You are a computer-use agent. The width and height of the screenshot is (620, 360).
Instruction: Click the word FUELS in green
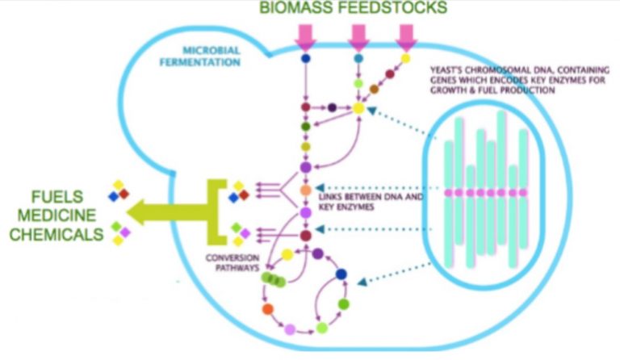pyautogui.click(x=65, y=195)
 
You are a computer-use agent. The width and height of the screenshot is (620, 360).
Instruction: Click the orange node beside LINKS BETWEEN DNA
pyautogui.click(x=305, y=191)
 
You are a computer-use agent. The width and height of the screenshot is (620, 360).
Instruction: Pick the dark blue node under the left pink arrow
pyautogui.click(x=306, y=59)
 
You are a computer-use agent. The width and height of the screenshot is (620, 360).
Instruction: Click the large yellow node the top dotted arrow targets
pyautogui.click(x=358, y=107)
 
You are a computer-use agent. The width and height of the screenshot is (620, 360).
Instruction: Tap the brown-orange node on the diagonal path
pyautogui.click(x=374, y=89)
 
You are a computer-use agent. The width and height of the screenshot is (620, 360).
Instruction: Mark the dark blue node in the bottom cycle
pyautogui.click(x=341, y=274)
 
